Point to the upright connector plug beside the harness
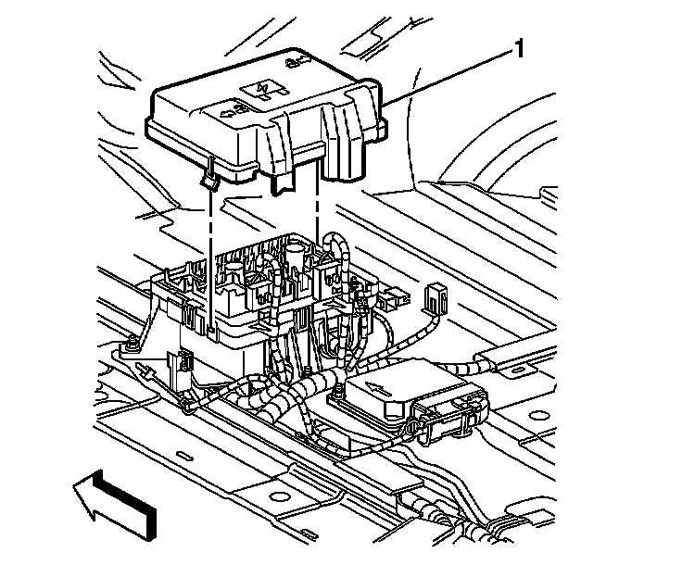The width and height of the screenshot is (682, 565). point(432,297)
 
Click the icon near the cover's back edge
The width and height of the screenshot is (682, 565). point(296,64)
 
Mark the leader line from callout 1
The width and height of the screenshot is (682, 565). point(454,74)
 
